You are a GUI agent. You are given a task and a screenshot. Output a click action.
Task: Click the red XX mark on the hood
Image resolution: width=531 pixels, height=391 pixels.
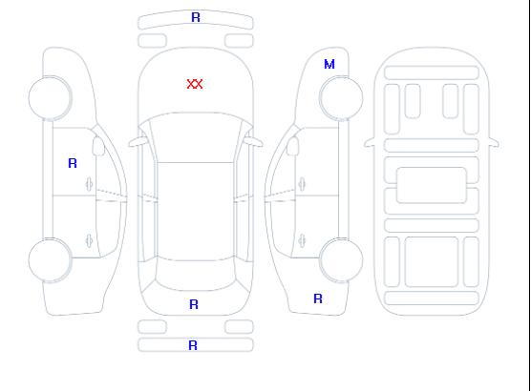pyautogui.click(x=195, y=84)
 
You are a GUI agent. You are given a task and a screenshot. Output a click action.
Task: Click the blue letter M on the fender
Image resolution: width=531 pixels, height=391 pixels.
pyautogui.click(x=329, y=64)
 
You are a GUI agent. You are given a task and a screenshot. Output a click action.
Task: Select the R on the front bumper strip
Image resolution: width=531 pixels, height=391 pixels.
pyautogui.click(x=196, y=17)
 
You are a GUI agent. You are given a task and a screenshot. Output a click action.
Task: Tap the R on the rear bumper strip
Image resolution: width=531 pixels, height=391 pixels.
pyautogui.click(x=193, y=345)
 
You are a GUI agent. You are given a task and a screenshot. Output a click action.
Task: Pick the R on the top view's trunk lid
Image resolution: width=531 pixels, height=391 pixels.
pyautogui.click(x=194, y=304)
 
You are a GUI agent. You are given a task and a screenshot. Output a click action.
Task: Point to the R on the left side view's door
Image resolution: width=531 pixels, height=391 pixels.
pyautogui.click(x=73, y=163)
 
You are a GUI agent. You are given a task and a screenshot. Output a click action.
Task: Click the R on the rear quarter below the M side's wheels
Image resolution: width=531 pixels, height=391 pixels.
pyautogui.click(x=318, y=298)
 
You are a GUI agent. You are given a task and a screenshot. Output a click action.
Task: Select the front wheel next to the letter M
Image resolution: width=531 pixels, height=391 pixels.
pyautogui.click(x=341, y=98)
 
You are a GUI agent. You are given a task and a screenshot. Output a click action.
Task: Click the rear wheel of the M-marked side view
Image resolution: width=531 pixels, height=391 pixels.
pyautogui.click(x=341, y=259)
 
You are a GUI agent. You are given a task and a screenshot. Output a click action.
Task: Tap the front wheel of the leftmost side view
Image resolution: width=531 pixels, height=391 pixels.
pyautogui.click(x=50, y=98)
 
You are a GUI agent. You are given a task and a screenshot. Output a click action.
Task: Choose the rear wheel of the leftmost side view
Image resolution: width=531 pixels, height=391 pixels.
pyautogui.click(x=50, y=260)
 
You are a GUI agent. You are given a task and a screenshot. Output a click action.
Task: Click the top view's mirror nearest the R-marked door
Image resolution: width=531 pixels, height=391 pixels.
pyautogui.click(x=138, y=142)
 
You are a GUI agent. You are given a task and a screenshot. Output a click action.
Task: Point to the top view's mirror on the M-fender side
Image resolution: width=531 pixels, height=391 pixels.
pyautogui.click(x=253, y=141)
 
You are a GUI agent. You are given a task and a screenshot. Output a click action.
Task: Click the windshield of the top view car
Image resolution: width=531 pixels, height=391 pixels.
pyautogui.click(x=196, y=137)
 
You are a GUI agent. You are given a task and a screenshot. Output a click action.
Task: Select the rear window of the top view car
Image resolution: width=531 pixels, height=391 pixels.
pyautogui.click(x=196, y=275)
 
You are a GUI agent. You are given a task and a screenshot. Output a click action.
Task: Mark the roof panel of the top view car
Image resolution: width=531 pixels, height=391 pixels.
pyautogui.click(x=196, y=212)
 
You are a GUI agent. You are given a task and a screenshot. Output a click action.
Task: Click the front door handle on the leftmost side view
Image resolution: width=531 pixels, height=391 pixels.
pyautogui.click(x=89, y=184)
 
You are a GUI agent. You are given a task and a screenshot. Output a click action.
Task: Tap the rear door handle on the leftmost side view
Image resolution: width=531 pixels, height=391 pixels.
pyautogui.click(x=89, y=240)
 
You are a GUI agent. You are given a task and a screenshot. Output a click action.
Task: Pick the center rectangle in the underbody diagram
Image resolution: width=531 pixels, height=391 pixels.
pyautogui.click(x=432, y=185)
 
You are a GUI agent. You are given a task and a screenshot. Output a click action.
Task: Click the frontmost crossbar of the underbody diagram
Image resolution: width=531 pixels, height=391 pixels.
pyautogui.click(x=432, y=72)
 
